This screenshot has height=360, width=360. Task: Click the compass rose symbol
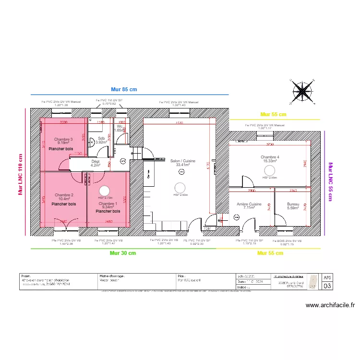pos(302,91)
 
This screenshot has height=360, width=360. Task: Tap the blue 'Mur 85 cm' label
pos(124,89)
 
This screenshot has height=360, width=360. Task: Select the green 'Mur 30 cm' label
pos(123,252)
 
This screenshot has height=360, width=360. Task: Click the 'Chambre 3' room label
pos(63,140)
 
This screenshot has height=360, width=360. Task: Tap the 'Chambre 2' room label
pos(64,195)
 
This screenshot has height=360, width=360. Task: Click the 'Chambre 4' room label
pos(270,157)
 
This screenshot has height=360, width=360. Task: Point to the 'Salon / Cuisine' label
pos(182,161)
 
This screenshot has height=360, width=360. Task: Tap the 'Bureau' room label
pos(293,204)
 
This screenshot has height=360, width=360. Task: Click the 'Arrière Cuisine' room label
pos(249,204)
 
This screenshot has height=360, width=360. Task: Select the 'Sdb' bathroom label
pos(101,138)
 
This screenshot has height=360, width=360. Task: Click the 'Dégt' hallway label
pos(96,162)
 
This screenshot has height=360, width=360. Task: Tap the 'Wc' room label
pos(119,126)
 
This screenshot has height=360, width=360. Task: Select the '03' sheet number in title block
pos(327,286)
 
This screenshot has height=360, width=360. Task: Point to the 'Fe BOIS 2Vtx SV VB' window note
pos(288,241)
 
